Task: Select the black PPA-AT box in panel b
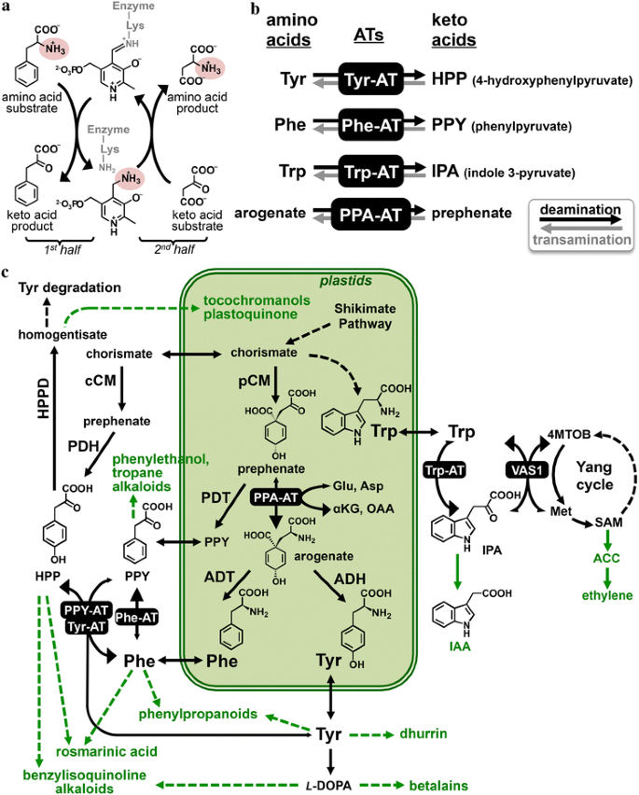click(368, 213)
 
